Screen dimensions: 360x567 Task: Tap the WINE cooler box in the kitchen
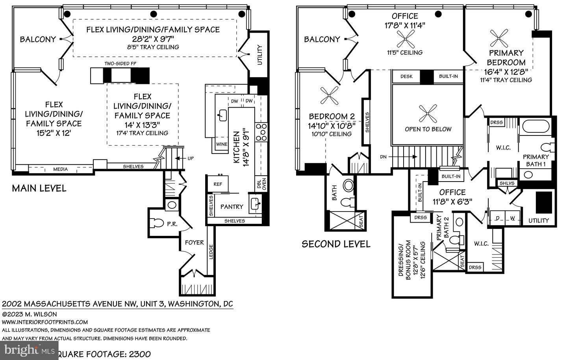click(222, 144)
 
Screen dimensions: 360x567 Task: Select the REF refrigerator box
click(218, 184)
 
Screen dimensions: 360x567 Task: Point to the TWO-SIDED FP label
click(120, 63)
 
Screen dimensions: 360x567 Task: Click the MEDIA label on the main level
click(60, 169)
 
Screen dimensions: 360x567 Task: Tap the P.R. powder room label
click(172, 224)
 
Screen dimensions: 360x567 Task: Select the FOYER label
click(195, 242)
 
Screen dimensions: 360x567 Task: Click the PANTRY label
click(232, 206)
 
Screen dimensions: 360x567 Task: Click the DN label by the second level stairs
click(383, 156)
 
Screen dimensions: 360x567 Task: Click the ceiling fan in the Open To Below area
click(428, 114)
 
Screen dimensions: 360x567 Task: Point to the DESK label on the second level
click(406, 76)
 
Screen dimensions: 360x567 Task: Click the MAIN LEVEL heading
click(39, 188)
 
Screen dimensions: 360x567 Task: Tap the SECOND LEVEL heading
click(336, 244)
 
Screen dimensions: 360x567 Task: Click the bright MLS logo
click(29, 350)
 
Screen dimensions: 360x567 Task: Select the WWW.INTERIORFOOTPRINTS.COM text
click(45, 322)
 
